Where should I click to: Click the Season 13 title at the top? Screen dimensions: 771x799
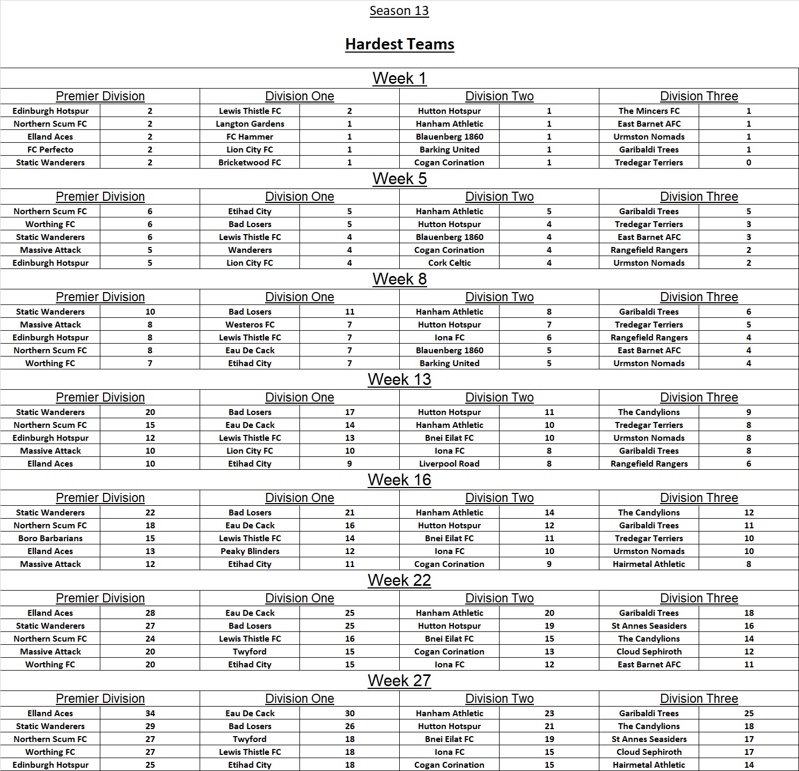click(x=399, y=11)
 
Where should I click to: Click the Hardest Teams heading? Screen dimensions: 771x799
click(x=399, y=44)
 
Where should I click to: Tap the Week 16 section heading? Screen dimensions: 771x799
click(x=399, y=479)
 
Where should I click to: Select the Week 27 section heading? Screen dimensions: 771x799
click(x=399, y=680)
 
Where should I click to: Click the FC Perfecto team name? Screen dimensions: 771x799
click(x=50, y=149)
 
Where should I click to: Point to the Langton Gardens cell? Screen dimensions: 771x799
click(x=250, y=123)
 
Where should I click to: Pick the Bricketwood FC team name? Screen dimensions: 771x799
click(x=250, y=162)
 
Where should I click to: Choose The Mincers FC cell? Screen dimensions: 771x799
click(x=649, y=111)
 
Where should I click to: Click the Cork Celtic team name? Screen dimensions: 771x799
click(x=450, y=263)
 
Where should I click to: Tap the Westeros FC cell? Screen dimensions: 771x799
click(x=250, y=324)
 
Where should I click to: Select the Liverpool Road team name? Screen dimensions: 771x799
click(x=450, y=463)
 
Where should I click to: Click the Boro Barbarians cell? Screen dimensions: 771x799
click(x=50, y=538)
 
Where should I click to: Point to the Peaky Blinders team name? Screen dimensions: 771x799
click(x=250, y=551)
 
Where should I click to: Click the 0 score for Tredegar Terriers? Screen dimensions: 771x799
click(x=749, y=162)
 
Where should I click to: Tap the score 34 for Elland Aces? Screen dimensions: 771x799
click(x=150, y=713)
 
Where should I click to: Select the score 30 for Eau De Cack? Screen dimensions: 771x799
click(x=350, y=713)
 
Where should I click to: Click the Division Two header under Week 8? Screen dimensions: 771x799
click(x=499, y=297)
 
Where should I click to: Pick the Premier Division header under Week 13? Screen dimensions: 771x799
click(x=100, y=397)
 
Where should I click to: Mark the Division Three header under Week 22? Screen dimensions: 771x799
click(x=699, y=598)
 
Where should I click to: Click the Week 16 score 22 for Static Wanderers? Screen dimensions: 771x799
click(x=150, y=512)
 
